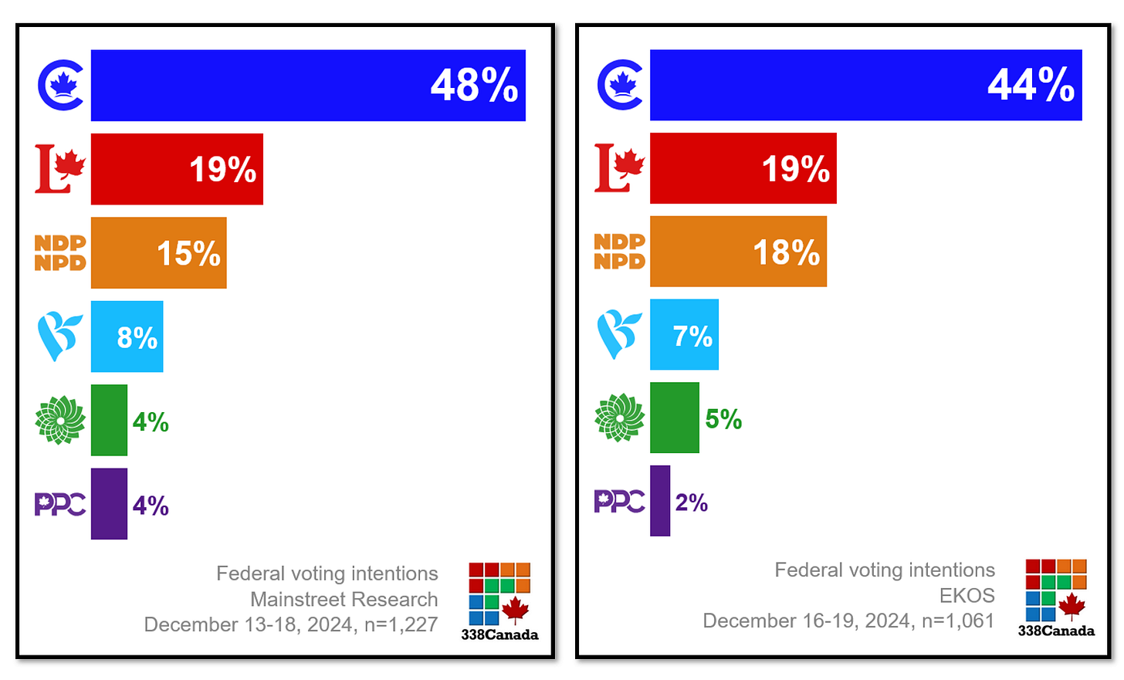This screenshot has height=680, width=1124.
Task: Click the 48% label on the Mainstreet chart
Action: [x=474, y=86]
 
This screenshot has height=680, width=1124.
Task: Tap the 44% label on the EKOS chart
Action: [x=1031, y=85]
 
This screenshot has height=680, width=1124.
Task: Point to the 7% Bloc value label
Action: [x=692, y=336]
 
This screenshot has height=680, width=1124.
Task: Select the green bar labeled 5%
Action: [x=674, y=418]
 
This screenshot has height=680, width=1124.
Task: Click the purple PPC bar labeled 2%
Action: [x=660, y=501]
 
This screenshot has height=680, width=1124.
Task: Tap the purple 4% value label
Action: [x=151, y=506]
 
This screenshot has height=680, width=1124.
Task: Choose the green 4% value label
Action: [x=151, y=422]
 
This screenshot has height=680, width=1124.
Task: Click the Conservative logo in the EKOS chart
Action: [x=620, y=85]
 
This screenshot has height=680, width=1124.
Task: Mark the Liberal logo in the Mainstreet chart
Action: [x=60, y=169]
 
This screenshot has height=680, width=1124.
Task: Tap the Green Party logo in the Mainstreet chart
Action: [x=60, y=420]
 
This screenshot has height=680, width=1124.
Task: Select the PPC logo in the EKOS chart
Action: [x=619, y=501]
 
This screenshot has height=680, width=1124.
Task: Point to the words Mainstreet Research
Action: [x=344, y=599]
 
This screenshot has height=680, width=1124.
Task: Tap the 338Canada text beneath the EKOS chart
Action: [x=1055, y=631]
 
